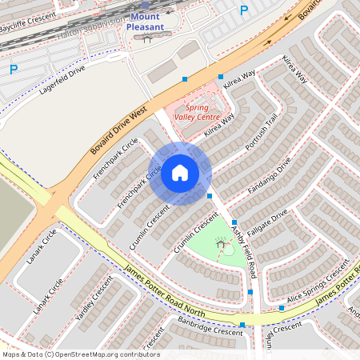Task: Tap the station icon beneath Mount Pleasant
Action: (x=146, y=38)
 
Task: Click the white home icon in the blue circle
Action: (x=180, y=173)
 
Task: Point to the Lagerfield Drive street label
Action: (x=62, y=81)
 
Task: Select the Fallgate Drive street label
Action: (x=268, y=226)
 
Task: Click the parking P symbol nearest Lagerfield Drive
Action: (x=13, y=70)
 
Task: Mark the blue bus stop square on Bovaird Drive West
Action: (x=185, y=78)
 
